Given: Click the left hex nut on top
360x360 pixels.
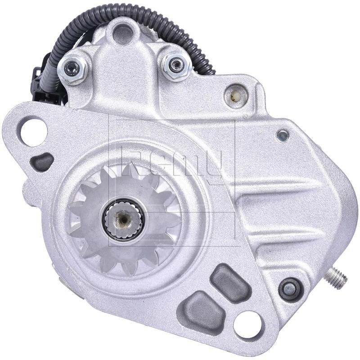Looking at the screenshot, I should (x=72, y=68).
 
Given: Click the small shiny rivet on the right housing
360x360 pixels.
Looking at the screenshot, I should (x=283, y=135).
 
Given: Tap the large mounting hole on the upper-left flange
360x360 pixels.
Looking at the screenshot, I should (x=33, y=130).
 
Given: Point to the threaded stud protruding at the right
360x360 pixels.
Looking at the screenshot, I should (x=337, y=278).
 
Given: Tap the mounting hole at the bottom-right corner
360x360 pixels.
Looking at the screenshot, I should (x=247, y=324).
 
